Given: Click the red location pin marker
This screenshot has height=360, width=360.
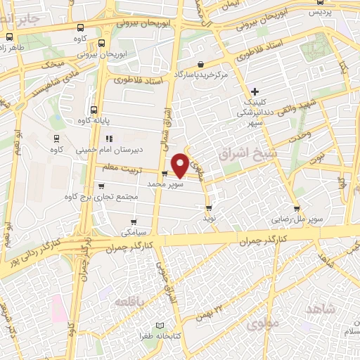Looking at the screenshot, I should point(180,165).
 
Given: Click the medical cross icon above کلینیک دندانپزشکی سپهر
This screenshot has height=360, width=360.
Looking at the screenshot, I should point(255,91).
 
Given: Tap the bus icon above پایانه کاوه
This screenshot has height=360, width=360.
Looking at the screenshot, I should point(94,110).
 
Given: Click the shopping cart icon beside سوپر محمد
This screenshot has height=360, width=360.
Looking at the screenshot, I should point(165,174).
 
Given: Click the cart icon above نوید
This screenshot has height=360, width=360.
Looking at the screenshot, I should point(209,207).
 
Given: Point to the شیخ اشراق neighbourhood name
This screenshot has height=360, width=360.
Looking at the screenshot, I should point(249,153).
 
